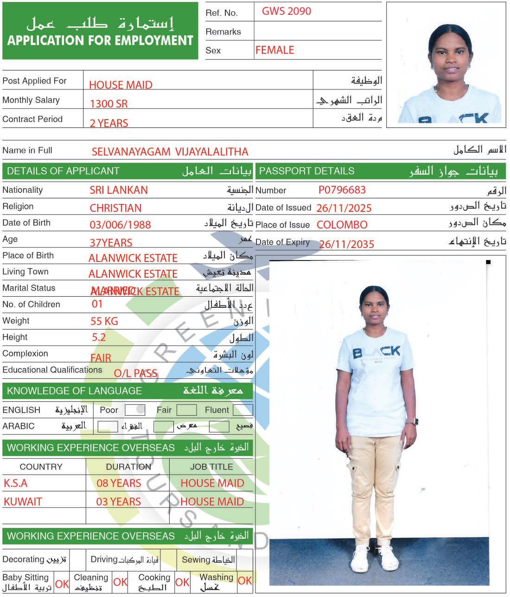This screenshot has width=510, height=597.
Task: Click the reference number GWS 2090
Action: coord(286,12)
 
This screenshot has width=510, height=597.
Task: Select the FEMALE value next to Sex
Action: coord(275,50)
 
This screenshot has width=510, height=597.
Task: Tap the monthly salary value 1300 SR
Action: coord(108,104)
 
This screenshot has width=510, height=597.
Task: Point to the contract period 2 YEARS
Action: coord(109,123)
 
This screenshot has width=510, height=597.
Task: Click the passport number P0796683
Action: coord(342,190)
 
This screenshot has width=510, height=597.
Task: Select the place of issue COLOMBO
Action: coord(342,225)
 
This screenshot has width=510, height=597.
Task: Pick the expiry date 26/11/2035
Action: coord(346,244)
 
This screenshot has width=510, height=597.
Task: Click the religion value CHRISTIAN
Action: coord(115,208)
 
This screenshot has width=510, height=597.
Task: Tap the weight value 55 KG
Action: coord(104,321)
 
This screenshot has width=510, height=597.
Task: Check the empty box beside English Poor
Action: coord(134,410)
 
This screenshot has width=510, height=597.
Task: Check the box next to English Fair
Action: coord(186,410)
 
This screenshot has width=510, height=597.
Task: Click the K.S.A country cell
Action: coord(16,483)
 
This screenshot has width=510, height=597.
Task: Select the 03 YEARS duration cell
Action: coord(118,502)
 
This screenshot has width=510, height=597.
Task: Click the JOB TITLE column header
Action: coord(211,467)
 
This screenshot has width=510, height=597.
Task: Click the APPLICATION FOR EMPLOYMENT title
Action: coord(100,41)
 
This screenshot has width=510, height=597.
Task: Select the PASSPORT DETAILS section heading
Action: coord(306,171)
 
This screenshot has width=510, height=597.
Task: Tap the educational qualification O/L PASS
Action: coord(135,374)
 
